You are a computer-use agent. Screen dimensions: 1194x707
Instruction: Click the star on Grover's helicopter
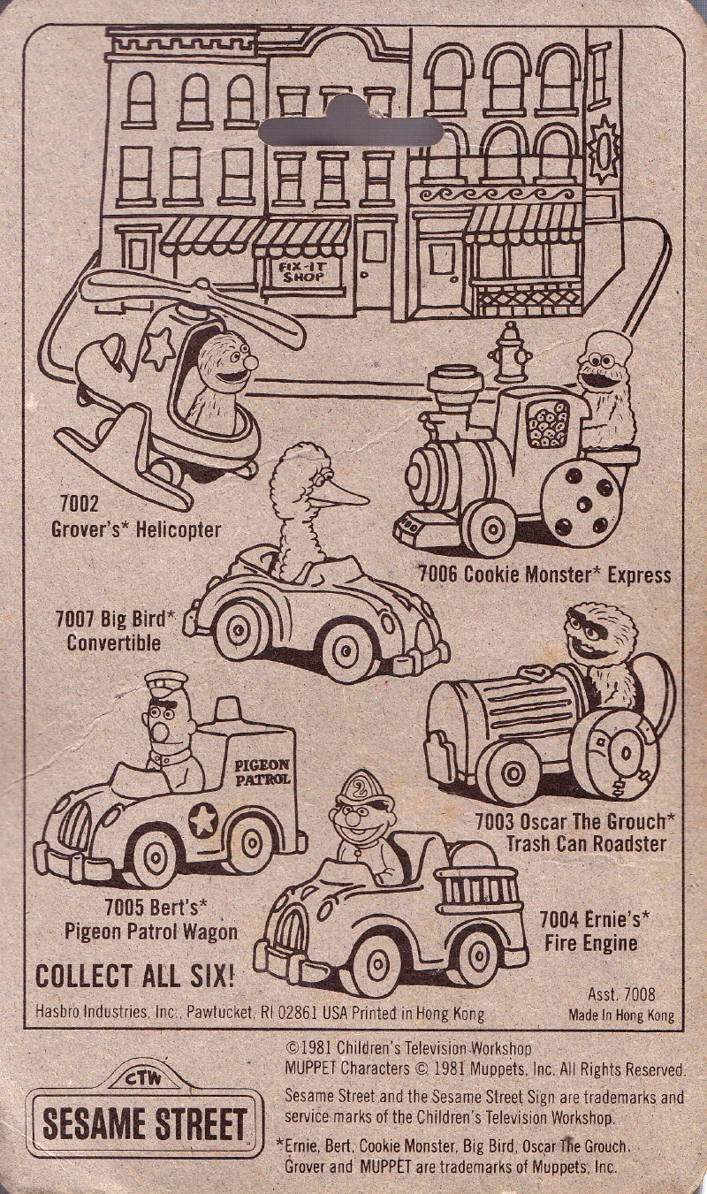159,347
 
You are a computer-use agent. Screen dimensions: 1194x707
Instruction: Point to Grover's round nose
250,362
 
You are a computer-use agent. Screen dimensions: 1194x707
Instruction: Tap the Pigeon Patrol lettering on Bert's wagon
262,772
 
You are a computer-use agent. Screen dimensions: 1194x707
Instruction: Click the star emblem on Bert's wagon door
203,820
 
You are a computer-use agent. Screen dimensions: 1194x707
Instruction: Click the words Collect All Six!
135,977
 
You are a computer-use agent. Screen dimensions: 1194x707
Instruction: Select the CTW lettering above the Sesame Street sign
144,1080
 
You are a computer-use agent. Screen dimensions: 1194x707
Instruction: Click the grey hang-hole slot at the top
351,131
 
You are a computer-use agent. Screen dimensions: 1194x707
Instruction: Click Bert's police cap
166,682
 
